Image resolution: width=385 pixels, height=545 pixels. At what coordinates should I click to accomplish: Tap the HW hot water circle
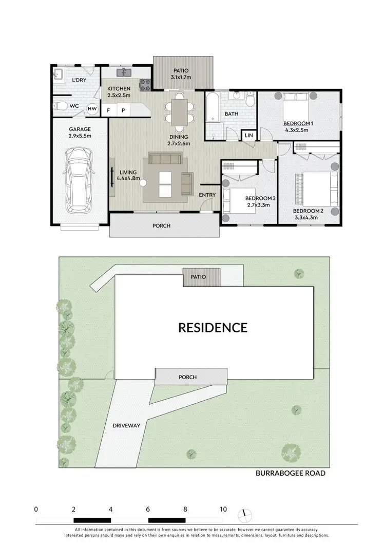92,109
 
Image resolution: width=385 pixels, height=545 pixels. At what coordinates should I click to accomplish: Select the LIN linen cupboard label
249,135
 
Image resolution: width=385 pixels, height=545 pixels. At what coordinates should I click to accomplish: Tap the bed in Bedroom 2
317,188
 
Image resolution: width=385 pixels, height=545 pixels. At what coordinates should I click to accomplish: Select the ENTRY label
207,195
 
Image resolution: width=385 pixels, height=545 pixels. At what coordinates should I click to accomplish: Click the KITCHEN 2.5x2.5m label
119,92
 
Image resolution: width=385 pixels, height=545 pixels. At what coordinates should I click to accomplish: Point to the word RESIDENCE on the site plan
213,327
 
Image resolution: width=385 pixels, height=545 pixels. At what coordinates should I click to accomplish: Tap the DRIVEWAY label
126,425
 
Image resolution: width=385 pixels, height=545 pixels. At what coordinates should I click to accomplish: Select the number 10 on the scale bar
223,509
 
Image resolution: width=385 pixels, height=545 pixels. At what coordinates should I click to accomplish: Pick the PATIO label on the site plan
198,277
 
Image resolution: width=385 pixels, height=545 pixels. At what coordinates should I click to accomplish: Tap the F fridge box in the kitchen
108,110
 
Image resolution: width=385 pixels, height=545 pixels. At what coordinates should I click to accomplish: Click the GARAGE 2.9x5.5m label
80,133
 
